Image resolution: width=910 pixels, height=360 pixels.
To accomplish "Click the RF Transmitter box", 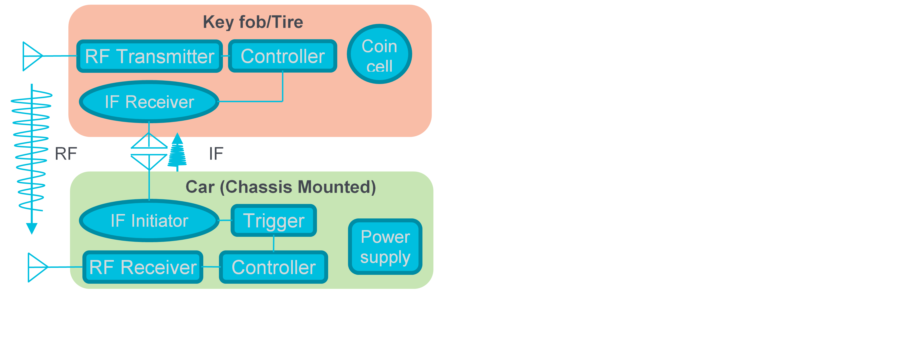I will coord(149,56).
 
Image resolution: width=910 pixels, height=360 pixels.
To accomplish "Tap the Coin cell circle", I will coord(379,54).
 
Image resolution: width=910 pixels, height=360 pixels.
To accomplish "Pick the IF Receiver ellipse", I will coord(149,102).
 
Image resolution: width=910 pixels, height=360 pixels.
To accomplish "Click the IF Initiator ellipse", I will coord(149,220).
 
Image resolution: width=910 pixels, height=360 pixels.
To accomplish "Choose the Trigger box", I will coord(274,220).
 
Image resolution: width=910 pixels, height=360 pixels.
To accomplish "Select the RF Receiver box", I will coord(143,267).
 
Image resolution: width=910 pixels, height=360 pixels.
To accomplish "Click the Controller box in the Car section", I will coord(274,267).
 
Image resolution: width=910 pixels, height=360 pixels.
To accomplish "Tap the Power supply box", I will coord(385,247).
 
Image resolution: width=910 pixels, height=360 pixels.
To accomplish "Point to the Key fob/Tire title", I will coord(253,22).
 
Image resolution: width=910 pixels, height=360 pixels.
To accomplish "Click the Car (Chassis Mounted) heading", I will coord(281,187).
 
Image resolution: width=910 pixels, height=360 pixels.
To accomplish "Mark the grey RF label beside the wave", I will coord(66,154).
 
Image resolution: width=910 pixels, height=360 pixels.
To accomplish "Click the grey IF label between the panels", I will coord(216,154).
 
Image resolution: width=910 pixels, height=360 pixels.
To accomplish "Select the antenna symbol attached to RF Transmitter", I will coord(32,56).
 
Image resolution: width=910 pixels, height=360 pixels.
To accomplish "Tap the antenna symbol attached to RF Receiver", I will coord(37,267).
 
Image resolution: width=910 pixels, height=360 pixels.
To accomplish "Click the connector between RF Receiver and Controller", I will coord(211,267).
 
